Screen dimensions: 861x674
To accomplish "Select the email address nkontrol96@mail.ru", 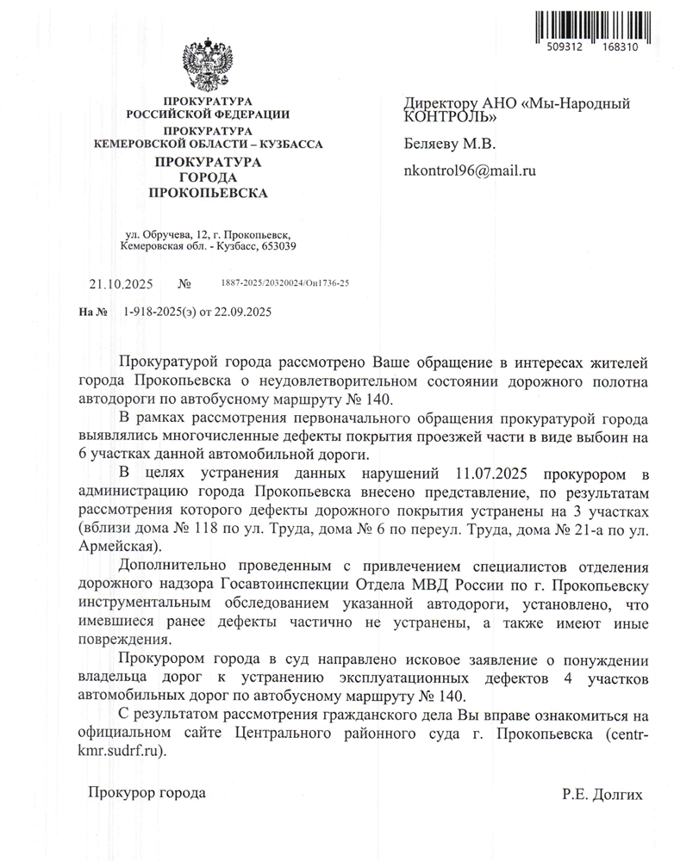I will (470, 170).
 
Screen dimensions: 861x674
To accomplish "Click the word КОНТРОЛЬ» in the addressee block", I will (450, 117).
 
